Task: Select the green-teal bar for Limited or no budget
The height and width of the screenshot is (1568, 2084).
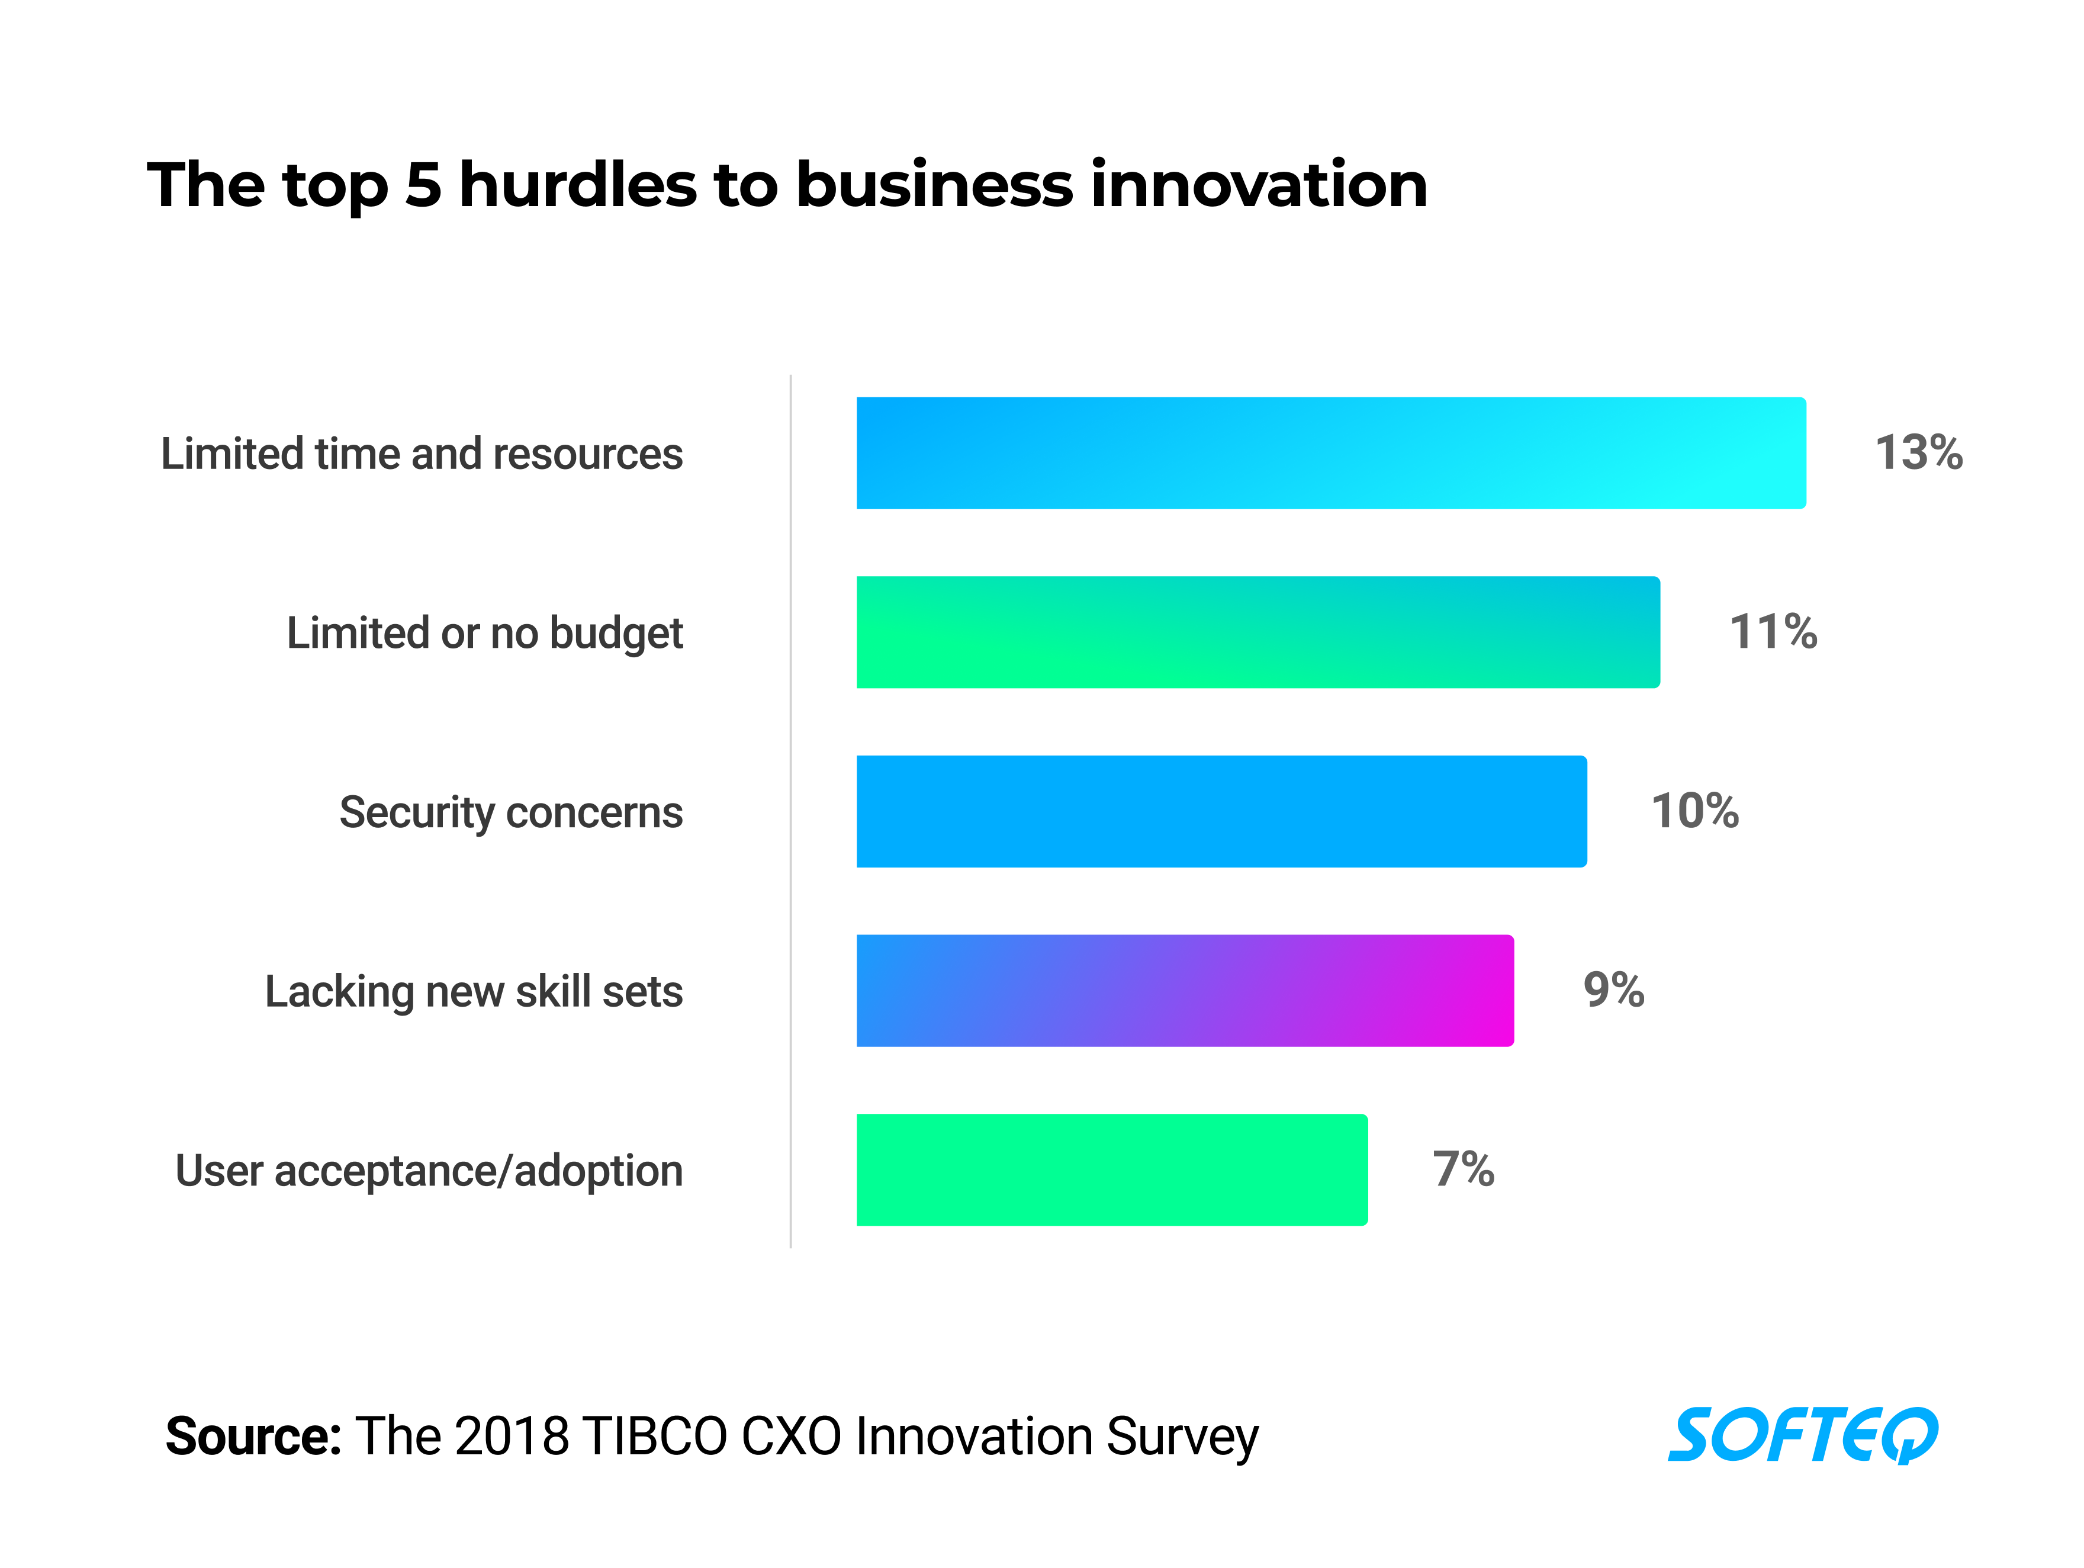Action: click(x=1258, y=632)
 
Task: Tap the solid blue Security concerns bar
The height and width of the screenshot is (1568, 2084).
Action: click(x=1221, y=811)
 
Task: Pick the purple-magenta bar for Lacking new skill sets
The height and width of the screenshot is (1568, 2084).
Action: click(x=1185, y=991)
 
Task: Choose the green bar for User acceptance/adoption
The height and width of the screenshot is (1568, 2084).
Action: click(x=1112, y=1169)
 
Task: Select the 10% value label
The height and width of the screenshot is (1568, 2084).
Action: click(x=1695, y=811)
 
